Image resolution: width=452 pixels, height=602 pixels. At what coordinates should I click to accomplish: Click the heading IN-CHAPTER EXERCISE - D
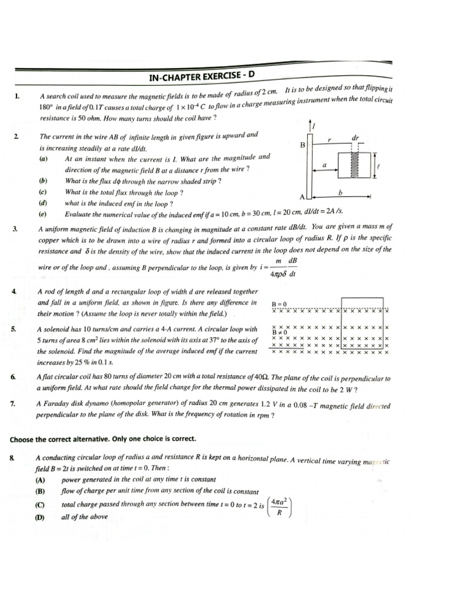202,76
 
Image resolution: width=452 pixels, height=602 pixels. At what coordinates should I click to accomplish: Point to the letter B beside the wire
303,145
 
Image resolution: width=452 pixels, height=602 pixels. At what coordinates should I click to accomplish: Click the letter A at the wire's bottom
303,196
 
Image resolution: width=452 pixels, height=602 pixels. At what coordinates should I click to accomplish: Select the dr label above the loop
354,138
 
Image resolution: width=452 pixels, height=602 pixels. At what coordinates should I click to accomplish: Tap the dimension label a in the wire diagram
324,166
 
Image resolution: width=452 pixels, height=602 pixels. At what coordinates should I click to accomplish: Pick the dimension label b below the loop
341,192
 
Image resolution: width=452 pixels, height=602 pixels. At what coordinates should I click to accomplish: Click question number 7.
13,403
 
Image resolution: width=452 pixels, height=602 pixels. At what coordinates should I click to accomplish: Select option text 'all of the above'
84,517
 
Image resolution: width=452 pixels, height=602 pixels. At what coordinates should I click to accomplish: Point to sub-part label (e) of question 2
43,214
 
